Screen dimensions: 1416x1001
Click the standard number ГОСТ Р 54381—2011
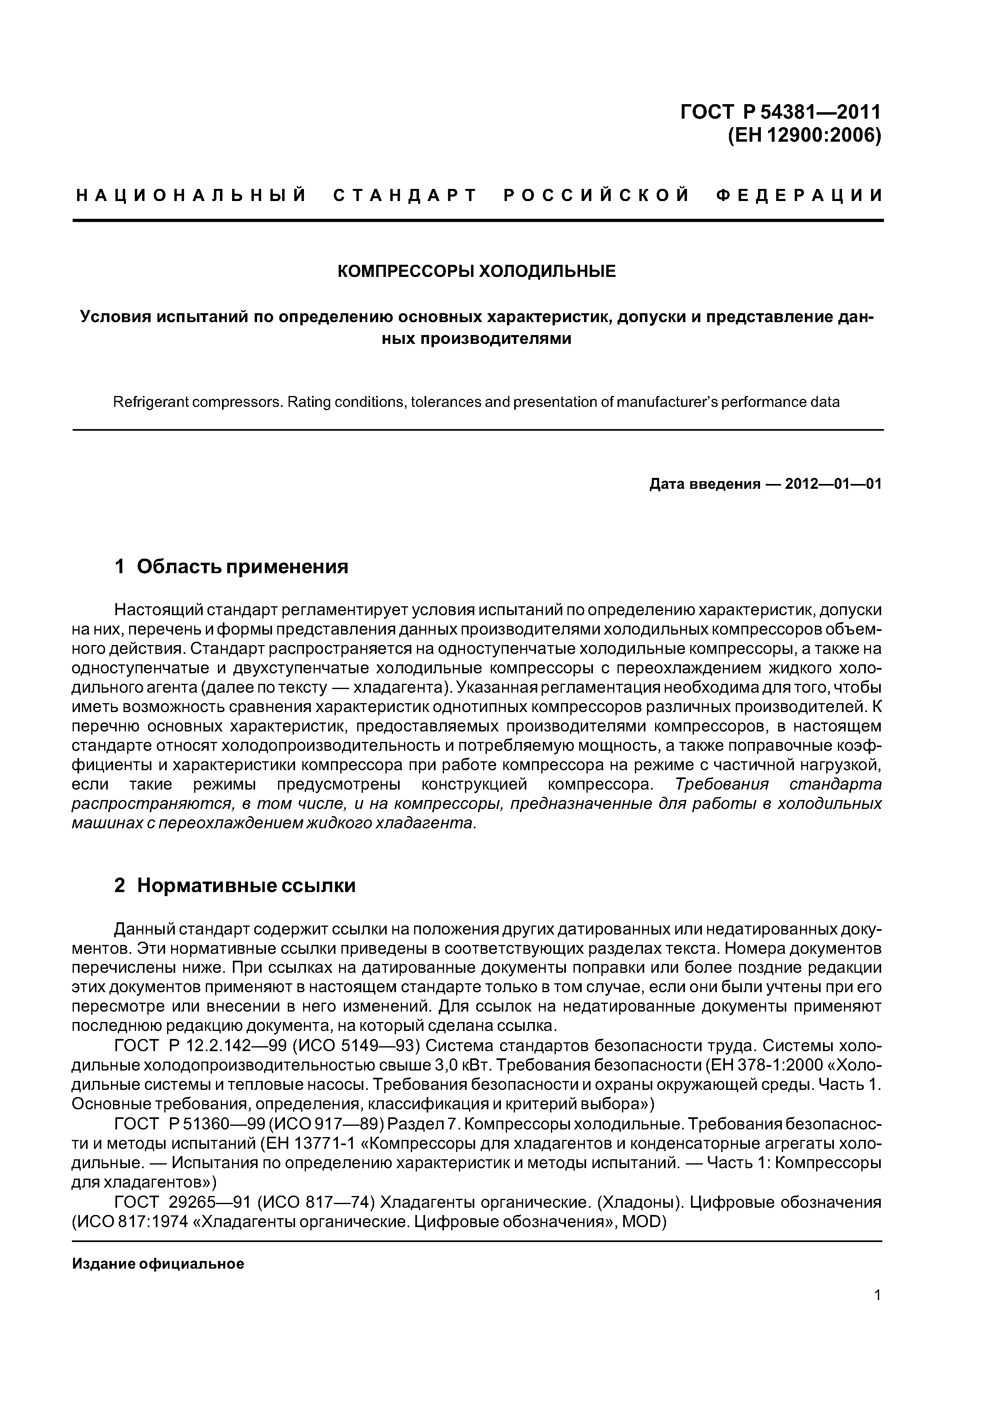(781, 112)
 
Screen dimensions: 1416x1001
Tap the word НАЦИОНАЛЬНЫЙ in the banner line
(191, 196)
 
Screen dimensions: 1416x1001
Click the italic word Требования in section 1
(722, 784)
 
